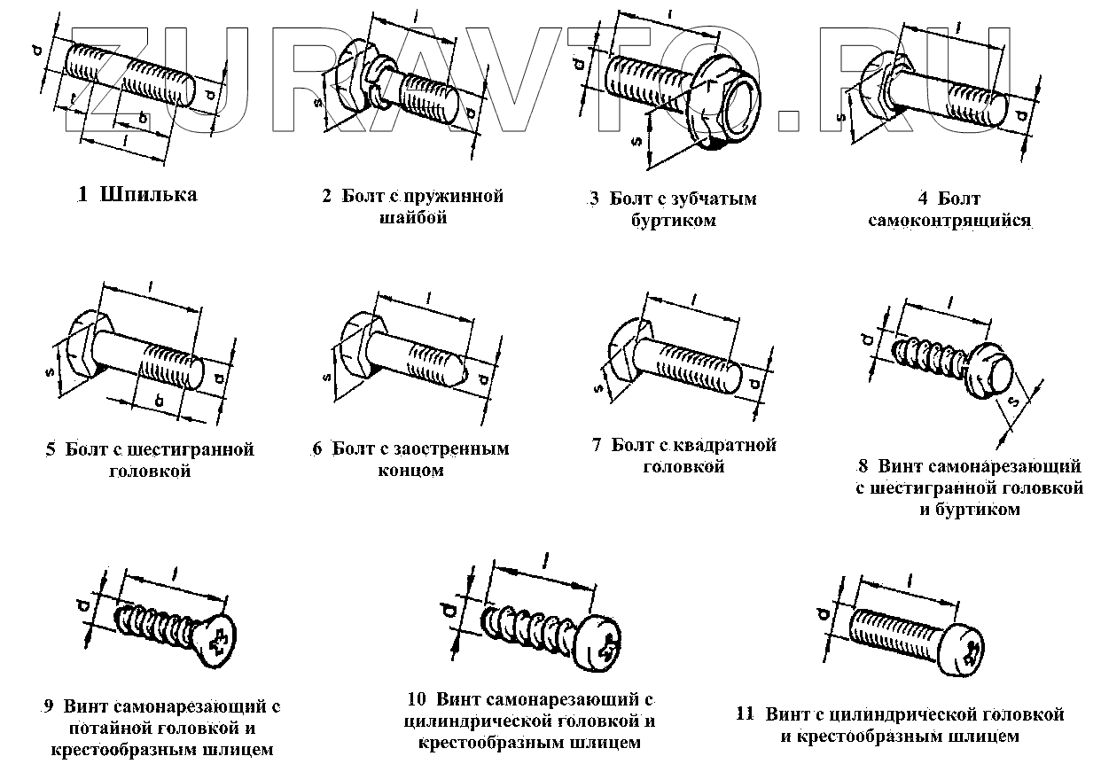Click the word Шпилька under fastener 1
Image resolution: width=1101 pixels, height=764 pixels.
tap(149, 195)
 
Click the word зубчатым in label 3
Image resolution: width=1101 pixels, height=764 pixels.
tap(714, 199)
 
